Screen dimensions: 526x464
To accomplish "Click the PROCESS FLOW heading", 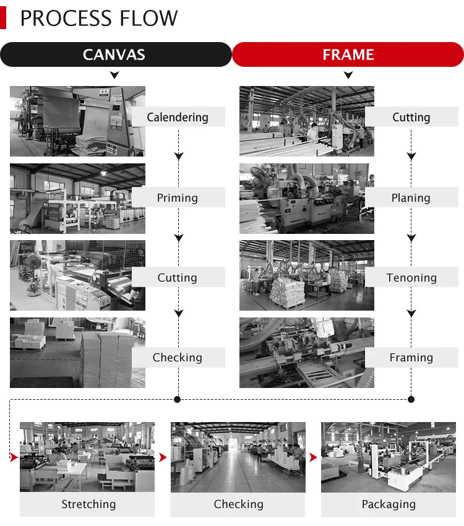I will pos(99,19).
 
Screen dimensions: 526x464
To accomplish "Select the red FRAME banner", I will pos(348,54).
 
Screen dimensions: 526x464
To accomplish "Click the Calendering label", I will pos(178,117).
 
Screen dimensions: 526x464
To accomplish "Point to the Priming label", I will pos(178,198).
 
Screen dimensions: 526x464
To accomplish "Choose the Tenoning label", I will pos(411,278).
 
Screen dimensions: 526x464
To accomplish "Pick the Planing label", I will pos(411,198).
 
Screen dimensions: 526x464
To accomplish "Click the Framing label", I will pos(411,358).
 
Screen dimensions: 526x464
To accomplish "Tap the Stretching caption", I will pos(88,504).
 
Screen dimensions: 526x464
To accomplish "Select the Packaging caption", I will pos(389,504).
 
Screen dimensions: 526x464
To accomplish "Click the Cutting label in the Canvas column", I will pos(178,278).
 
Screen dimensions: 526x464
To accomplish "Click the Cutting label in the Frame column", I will pos(411,117).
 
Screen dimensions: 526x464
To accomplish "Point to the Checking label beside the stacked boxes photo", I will pos(178,358).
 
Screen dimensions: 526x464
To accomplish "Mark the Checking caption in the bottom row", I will pos(238,504).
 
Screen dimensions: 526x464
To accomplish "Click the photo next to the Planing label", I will pos(307,199).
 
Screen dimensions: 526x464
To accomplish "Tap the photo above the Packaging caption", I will pos(388,457).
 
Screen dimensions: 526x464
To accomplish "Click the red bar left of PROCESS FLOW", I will pos(3,19).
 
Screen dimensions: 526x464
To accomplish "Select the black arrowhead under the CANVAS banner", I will pos(114,75).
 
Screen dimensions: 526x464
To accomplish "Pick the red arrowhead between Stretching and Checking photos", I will pos(163,457).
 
